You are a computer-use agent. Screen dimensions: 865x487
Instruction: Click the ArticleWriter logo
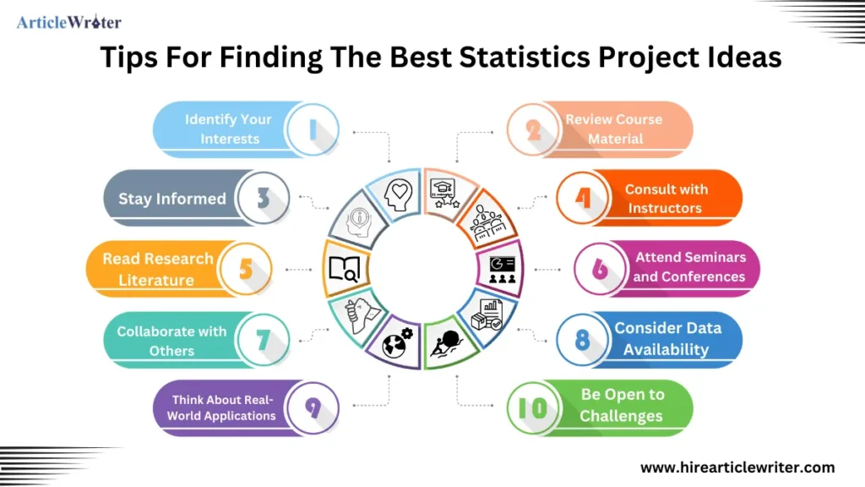69,22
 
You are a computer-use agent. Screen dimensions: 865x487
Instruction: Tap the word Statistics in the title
525,57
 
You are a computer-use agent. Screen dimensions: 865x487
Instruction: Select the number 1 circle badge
313,129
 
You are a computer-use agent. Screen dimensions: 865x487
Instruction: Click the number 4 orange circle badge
583,198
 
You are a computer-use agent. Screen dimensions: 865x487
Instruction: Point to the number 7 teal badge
264,340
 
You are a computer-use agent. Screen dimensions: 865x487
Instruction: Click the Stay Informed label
172,199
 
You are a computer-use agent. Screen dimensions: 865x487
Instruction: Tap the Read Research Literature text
157,269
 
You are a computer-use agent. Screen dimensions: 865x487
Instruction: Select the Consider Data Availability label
667,338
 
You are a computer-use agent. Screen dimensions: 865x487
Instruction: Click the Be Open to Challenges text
623,405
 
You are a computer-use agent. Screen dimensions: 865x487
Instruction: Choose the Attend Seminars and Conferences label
689,266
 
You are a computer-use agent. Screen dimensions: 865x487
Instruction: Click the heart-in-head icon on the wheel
399,194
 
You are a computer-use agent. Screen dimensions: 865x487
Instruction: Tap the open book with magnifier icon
344,269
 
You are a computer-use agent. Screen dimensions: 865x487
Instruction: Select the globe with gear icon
397,343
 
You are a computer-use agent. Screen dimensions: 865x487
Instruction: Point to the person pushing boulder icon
449,344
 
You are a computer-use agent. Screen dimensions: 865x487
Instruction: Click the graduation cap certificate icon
444,194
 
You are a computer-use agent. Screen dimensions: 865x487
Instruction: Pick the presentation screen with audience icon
502,270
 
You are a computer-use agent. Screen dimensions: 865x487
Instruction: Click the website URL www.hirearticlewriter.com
737,468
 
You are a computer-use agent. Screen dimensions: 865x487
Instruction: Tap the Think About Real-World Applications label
221,408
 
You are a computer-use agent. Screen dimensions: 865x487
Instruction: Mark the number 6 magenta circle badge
601,269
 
